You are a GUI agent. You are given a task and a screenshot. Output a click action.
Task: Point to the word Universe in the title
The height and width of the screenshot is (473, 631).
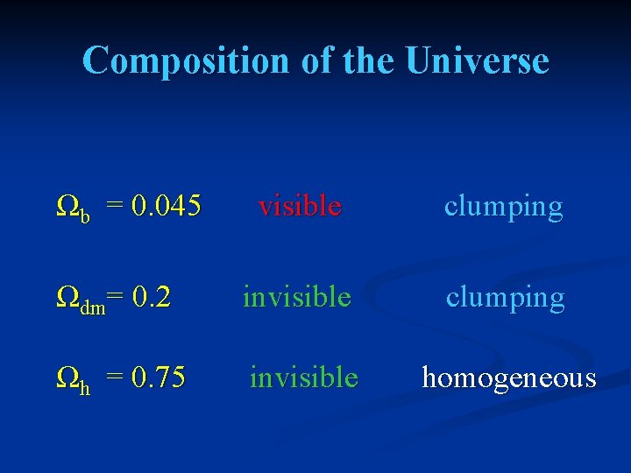tap(478, 61)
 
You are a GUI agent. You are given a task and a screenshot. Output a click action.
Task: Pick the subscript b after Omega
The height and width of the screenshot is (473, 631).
tap(85, 215)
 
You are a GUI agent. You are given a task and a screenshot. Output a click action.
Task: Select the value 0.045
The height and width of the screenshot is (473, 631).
tap(167, 207)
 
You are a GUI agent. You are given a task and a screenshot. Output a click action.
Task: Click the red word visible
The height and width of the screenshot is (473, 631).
tap(300, 207)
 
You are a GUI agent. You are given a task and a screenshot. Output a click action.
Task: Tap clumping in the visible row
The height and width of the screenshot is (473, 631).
tap(503, 208)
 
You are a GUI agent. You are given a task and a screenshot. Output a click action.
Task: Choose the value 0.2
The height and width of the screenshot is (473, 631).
tap(152, 298)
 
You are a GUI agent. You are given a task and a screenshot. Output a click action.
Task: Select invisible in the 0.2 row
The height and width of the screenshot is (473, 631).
tap(297, 298)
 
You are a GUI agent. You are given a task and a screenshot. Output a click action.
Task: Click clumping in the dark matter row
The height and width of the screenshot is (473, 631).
tap(505, 299)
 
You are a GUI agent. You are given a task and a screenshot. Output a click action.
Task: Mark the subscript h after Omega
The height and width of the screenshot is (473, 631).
tap(85, 385)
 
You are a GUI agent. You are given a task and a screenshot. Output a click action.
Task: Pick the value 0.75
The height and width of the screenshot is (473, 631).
tap(159, 378)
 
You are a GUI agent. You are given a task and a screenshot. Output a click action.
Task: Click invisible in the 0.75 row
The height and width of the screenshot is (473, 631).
tap(304, 378)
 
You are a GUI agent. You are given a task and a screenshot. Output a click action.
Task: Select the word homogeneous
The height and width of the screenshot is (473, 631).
tap(508, 378)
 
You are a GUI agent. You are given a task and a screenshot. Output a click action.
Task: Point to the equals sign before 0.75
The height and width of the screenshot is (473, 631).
tap(114, 378)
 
